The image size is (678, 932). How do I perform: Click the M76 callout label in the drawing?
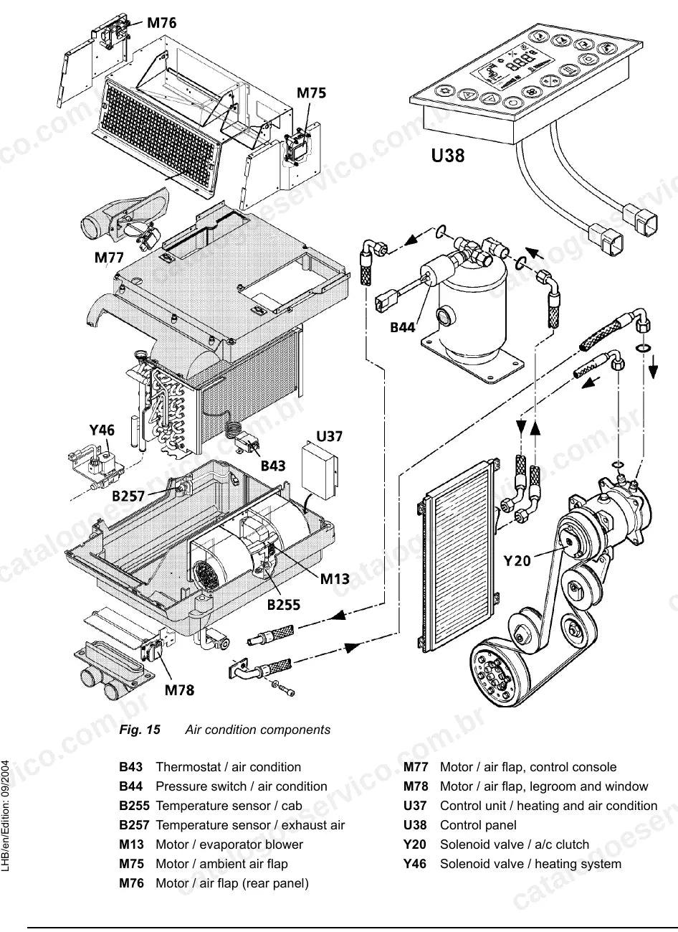coord(162,22)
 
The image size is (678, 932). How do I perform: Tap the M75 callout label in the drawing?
coord(311,93)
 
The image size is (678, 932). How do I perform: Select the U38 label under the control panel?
coord(448,155)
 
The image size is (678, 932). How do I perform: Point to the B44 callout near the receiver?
coord(402,327)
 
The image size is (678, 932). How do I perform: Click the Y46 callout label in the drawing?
coord(102,430)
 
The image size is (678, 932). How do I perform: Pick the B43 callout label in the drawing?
coord(273,466)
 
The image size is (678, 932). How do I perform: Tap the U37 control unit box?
coord(319,470)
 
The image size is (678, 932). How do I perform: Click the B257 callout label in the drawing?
coord(128,496)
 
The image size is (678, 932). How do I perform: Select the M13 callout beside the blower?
coord(335,579)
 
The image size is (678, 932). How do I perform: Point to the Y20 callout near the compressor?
coord(517,561)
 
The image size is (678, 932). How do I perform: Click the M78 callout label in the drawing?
coord(180,690)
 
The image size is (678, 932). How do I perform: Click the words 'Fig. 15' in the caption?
coord(140,730)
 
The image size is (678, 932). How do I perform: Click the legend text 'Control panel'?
coord(478,825)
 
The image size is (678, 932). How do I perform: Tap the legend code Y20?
coord(414,844)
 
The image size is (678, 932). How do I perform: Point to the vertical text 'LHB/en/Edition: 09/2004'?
coord(6,816)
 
